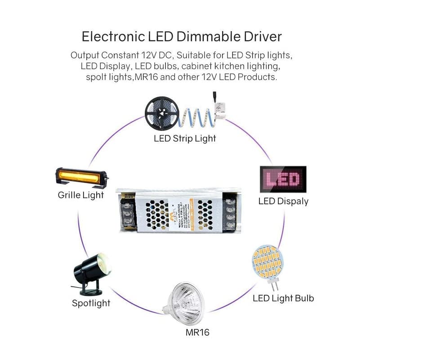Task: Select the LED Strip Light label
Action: pyautogui.click(x=185, y=138)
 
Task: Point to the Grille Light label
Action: pyautogui.click(x=80, y=195)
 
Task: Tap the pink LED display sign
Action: pyautogui.click(x=283, y=180)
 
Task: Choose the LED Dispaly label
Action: pyautogui.click(x=283, y=201)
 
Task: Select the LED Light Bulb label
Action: pyautogui.click(x=283, y=298)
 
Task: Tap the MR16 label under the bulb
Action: pyautogui.click(x=197, y=333)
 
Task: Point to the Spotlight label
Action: pyautogui.click(x=91, y=303)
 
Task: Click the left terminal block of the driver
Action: pyautogui.click(x=127, y=212)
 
